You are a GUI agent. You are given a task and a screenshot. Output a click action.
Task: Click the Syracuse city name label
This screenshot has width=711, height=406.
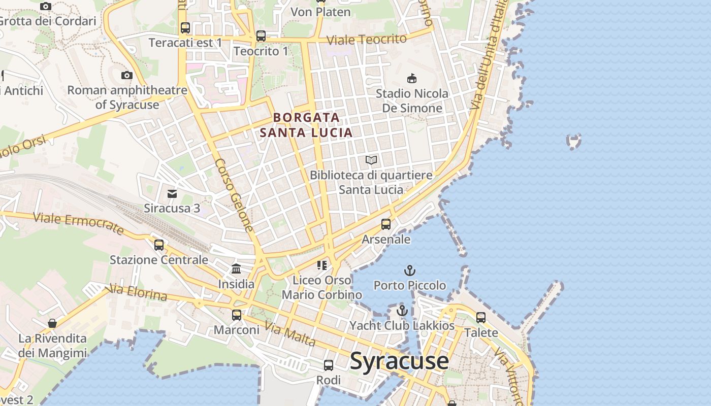point(399,361)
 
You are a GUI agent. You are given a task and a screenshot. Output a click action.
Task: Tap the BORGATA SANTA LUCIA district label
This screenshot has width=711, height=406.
point(306,125)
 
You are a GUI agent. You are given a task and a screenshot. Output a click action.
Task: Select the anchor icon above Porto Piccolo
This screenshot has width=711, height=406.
point(409,270)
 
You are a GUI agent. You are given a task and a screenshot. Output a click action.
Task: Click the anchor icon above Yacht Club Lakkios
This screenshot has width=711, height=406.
point(402,310)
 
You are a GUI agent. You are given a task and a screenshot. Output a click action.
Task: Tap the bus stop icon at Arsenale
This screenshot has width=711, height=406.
point(386,224)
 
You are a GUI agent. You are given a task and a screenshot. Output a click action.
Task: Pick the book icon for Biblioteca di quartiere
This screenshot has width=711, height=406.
point(371,160)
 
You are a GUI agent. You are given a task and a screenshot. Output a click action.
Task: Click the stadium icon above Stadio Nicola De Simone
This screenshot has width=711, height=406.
point(412,78)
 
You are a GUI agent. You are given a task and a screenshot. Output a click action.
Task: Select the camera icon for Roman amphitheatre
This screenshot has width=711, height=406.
point(126,76)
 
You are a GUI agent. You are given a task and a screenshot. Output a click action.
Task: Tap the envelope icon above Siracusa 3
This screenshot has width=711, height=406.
point(172,193)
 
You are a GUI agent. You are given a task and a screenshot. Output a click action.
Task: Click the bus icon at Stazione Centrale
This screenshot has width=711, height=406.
point(159,245)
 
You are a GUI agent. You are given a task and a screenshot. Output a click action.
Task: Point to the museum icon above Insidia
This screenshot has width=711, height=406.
point(236,269)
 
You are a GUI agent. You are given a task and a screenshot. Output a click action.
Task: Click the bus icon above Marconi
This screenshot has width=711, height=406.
point(237,315)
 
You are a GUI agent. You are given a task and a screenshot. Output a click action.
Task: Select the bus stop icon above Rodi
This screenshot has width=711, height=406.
point(329,365)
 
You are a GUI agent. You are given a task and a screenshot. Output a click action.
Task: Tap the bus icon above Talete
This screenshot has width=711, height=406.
point(481,318)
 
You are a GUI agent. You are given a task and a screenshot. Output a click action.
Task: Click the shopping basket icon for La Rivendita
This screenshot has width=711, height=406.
point(52,323)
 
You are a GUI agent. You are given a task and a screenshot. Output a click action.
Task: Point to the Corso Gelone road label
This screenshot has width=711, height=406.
point(234,195)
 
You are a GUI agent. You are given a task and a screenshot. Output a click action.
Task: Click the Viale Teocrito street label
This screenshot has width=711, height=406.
point(366,39)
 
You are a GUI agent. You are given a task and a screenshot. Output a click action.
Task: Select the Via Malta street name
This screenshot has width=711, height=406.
point(290,335)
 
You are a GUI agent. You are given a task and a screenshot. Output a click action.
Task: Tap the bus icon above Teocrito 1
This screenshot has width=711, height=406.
point(261,36)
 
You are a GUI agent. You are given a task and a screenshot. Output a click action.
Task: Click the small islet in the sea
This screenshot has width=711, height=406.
point(574,142)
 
